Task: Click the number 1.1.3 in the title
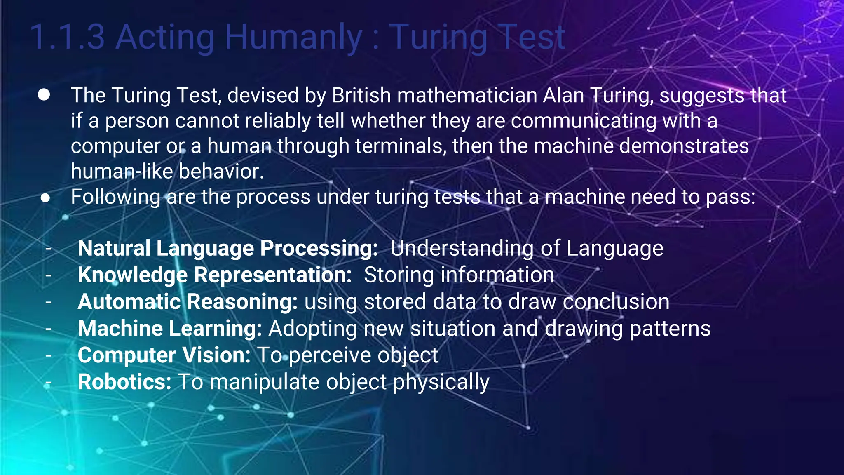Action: click(68, 37)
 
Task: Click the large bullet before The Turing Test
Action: click(44, 95)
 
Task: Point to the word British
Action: click(361, 95)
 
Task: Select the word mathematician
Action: click(467, 95)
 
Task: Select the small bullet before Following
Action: click(45, 198)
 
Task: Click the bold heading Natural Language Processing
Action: click(227, 248)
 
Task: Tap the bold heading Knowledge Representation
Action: click(214, 275)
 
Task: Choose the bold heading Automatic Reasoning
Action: click(188, 302)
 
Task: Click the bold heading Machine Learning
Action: click(170, 329)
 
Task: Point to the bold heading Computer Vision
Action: click(164, 355)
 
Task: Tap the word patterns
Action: click(670, 329)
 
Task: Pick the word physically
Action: click(441, 382)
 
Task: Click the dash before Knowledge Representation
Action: click(49, 275)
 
